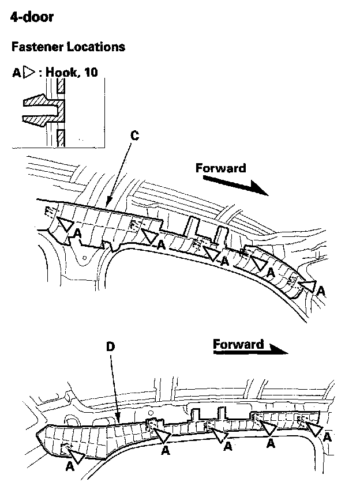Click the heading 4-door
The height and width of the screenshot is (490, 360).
32,17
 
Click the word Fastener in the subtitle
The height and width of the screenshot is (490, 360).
35,47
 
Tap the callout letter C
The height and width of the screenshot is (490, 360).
134,136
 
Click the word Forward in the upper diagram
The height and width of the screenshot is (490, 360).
220,168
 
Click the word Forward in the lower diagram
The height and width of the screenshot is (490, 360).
238,345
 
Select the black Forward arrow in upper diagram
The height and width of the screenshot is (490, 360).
236,184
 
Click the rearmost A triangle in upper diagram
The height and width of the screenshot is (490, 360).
65,224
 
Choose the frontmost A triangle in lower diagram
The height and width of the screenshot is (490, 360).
315,428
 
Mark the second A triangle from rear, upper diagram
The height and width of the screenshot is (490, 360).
150,235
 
